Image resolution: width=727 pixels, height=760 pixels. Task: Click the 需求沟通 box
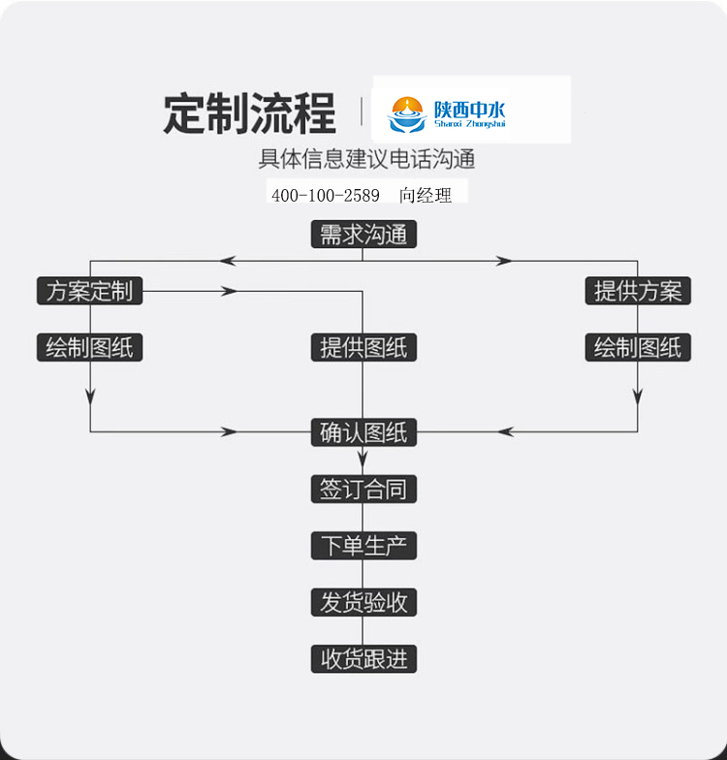pyautogui.click(x=363, y=235)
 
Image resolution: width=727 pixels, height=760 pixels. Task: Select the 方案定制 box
pyautogui.click(x=89, y=291)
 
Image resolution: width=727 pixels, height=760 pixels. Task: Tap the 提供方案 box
pyautogui.click(x=638, y=291)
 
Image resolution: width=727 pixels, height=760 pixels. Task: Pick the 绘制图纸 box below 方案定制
pyautogui.click(x=89, y=348)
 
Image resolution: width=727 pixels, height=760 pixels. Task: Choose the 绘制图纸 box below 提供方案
pyautogui.click(x=638, y=348)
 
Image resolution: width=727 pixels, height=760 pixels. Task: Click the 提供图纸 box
pyautogui.click(x=363, y=348)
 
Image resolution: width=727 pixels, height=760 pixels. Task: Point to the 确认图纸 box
pyautogui.click(x=363, y=432)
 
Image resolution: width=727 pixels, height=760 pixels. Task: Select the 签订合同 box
pyautogui.click(x=363, y=490)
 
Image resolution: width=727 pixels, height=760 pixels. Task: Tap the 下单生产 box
pyautogui.click(x=363, y=546)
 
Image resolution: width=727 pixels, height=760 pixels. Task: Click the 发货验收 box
pyautogui.click(x=363, y=602)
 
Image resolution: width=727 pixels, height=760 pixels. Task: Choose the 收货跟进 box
pyautogui.click(x=363, y=659)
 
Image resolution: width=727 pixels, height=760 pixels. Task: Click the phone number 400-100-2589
pyautogui.click(x=326, y=195)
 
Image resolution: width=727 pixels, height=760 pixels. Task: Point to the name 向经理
pyautogui.click(x=426, y=195)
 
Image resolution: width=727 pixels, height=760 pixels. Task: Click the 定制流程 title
pyautogui.click(x=249, y=113)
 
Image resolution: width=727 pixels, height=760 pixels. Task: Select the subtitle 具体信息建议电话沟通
pyautogui.click(x=366, y=159)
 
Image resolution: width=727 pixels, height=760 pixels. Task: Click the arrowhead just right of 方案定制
pyautogui.click(x=230, y=291)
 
